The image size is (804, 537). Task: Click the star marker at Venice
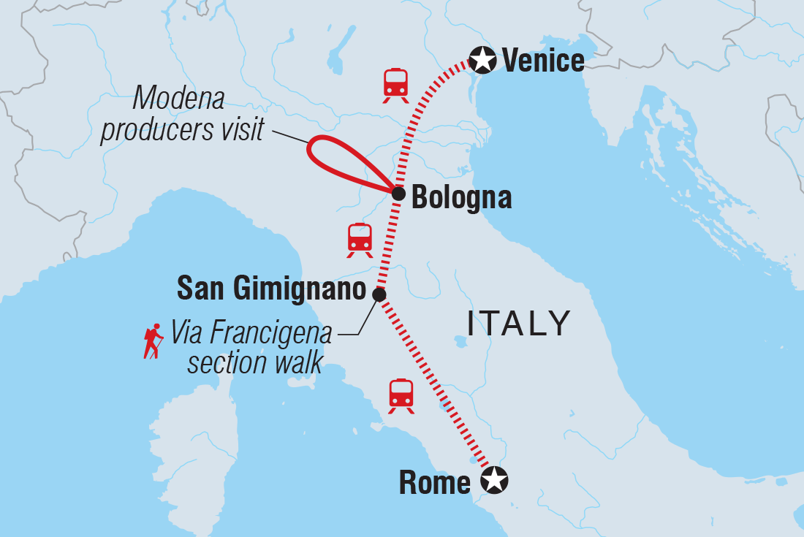tap(482, 60)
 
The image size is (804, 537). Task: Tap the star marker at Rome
tap(494, 480)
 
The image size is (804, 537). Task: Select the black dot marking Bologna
tap(398, 194)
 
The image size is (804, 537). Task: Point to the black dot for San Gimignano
tap(379, 294)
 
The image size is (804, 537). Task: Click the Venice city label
tap(543, 60)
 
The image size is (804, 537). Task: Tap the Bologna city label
tap(461, 197)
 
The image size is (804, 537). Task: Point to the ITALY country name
tap(519, 323)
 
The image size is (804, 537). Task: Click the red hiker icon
tap(153, 342)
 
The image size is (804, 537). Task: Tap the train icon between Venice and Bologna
tap(395, 85)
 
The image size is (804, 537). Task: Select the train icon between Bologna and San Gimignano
tap(360, 240)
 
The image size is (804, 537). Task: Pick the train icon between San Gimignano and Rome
tap(401, 395)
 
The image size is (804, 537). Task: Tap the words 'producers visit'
tap(182, 129)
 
